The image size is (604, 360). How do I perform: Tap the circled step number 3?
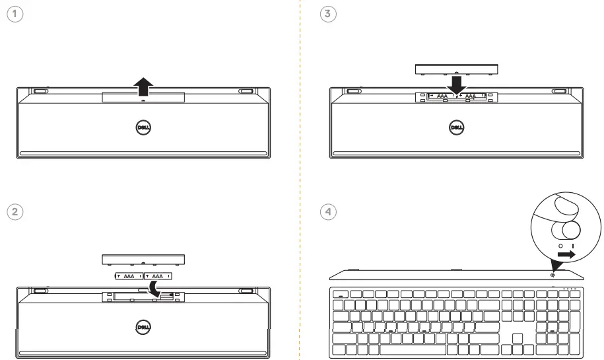tap(325, 13)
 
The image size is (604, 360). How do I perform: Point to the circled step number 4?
tap(325, 211)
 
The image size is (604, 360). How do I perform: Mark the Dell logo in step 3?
tap(455, 127)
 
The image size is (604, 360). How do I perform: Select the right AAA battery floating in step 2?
tap(158, 275)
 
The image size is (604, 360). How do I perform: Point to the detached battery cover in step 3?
tap(455, 69)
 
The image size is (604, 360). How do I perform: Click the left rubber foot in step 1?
tap(40, 91)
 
